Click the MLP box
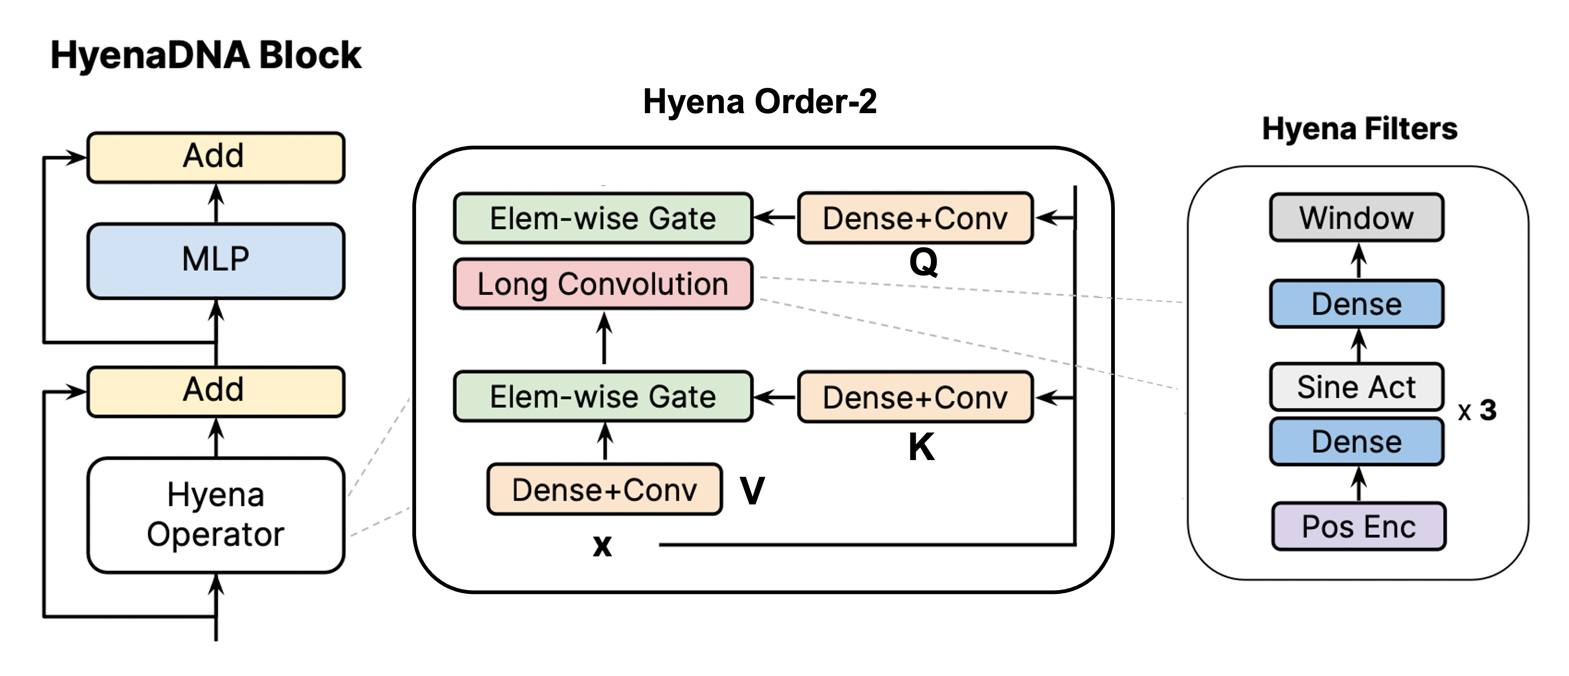[x=216, y=260]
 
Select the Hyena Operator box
[x=216, y=515]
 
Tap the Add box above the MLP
[x=216, y=157]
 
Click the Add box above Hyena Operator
[x=216, y=391]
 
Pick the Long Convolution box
[x=603, y=284]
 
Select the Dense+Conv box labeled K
[x=915, y=397]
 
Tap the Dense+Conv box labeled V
[x=604, y=489]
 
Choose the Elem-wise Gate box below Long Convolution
[x=603, y=397]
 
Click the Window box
[x=1357, y=218]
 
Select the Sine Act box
[x=1357, y=387]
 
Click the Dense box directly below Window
[x=1357, y=303]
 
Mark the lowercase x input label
[x=602, y=545]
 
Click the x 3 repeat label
[x=1478, y=411]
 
